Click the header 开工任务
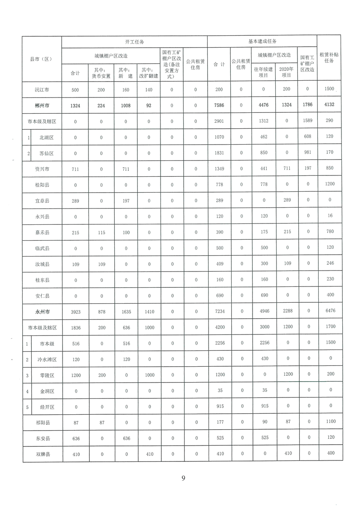pos(134,42)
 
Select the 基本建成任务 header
pos(262,41)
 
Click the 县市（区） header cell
pos(42,59)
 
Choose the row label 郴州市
pos(42,106)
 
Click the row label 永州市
pos(42,312)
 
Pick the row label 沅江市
pos(42,90)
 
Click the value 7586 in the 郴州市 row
pos(219,106)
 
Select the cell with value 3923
pos(75,312)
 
